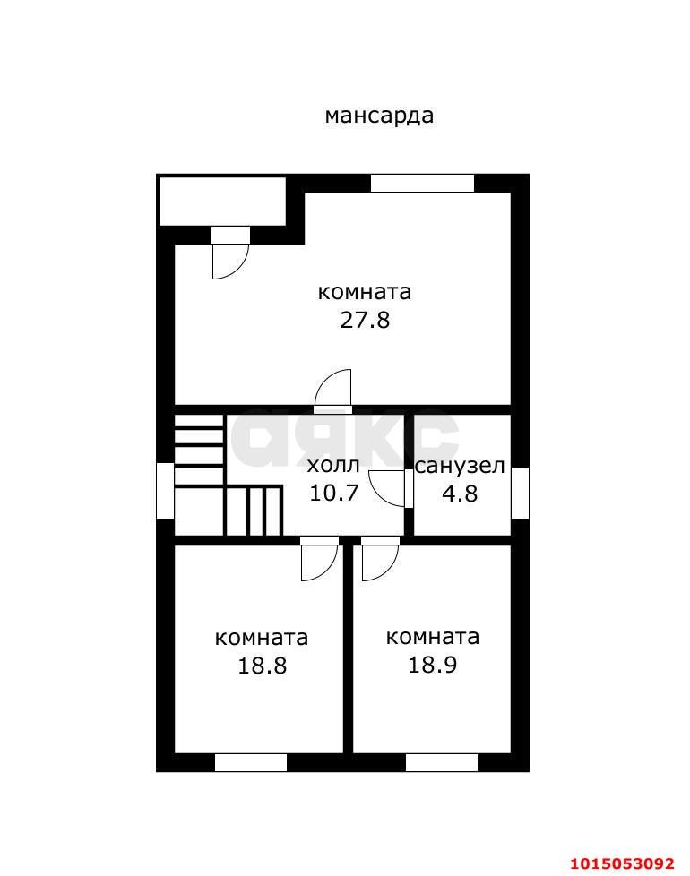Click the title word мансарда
(379, 116)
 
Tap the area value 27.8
(365, 320)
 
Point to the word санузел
(460, 466)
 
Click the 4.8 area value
(460, 493)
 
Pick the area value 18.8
(262, 666)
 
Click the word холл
(333, 466)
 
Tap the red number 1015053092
(621, 863)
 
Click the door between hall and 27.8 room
(334, 390)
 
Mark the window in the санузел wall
(520, 492)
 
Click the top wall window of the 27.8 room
(422, 183)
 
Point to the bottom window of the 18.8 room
(251, 762)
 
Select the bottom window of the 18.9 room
(442, 762)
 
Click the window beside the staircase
(165, 490)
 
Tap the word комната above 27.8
(365, 292)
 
